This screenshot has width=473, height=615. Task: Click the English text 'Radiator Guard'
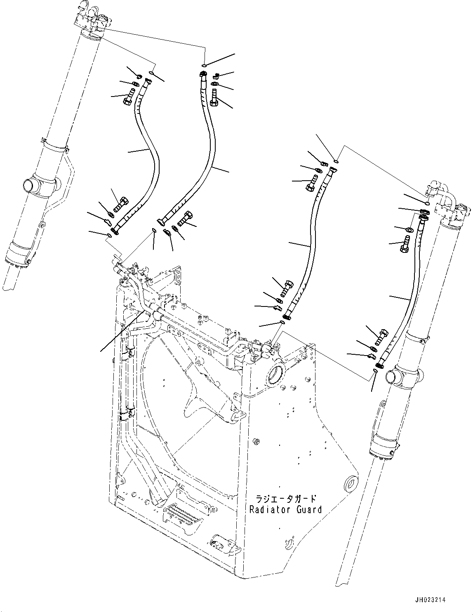point(285,509)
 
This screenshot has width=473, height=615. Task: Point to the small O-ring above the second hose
point(204,65)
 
